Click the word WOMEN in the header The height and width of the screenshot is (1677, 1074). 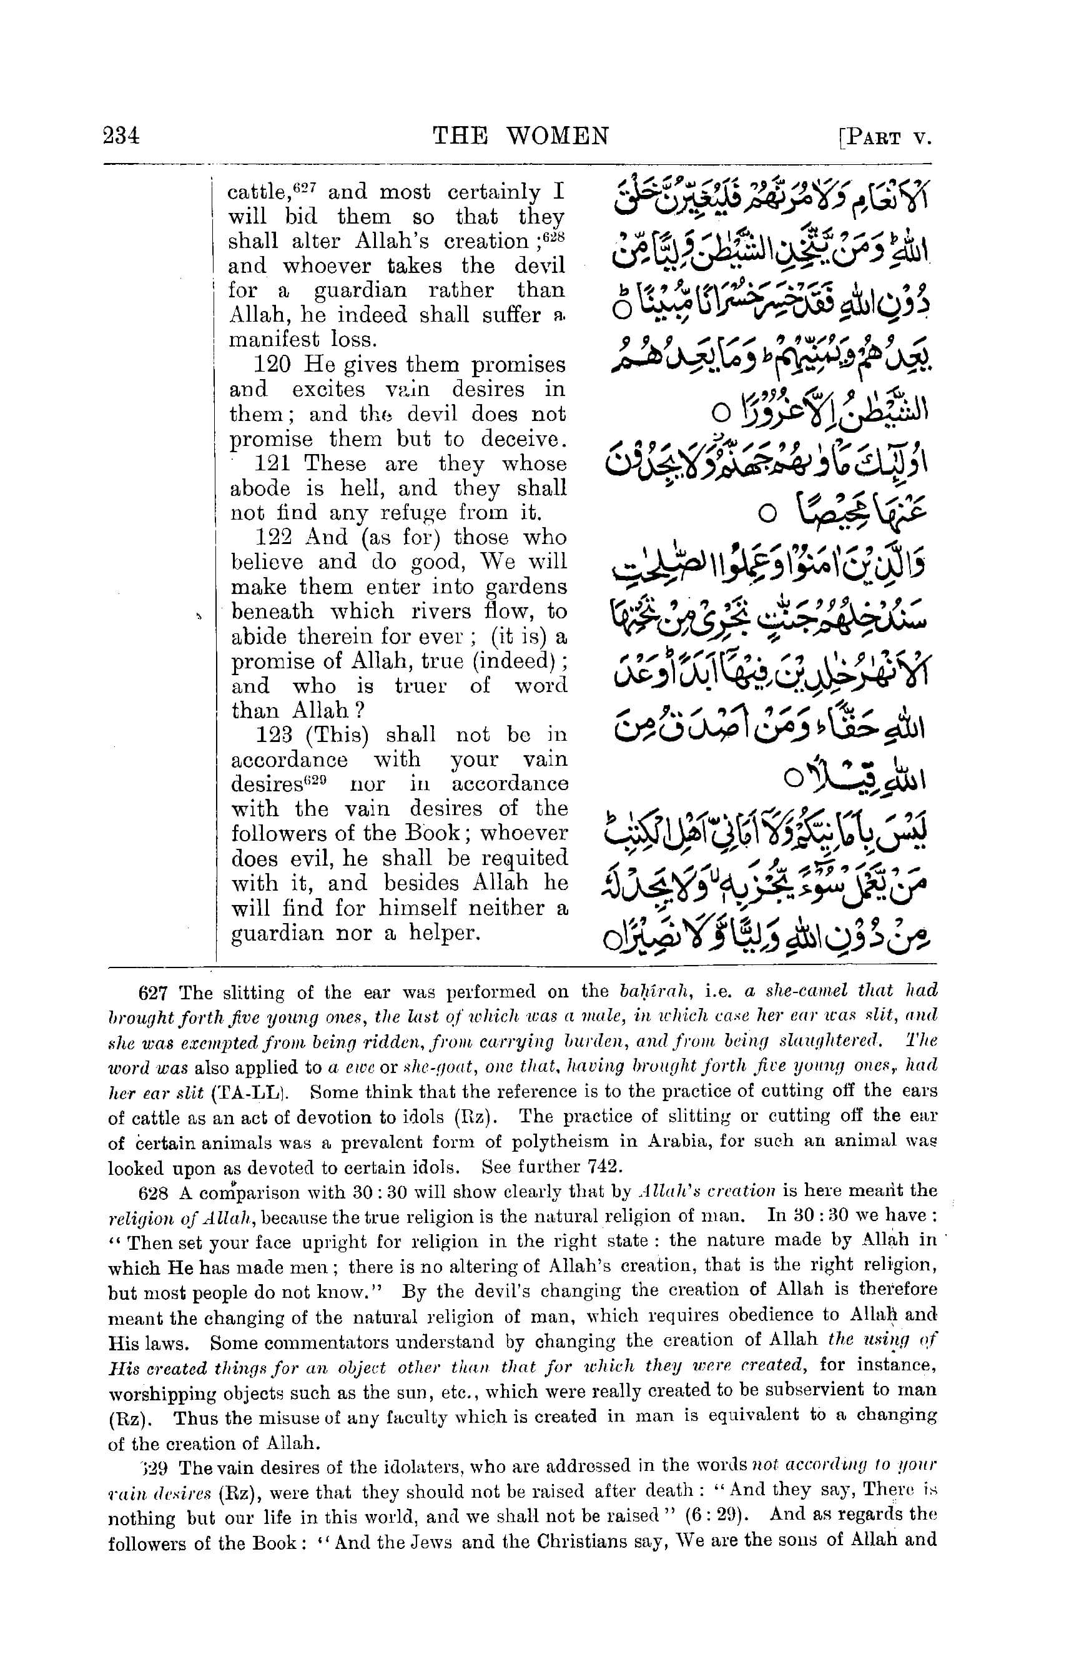coord(557,136)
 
